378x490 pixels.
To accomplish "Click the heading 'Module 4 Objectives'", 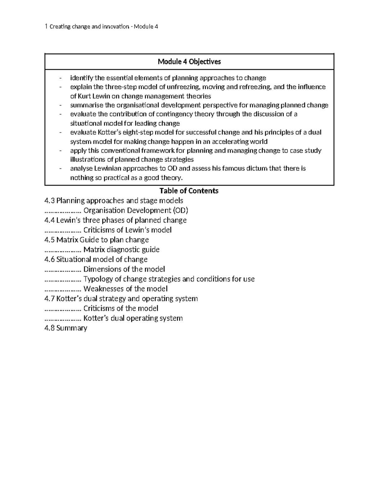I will point(189,62).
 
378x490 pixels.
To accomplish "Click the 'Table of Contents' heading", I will point(189,191).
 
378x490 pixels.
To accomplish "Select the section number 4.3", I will point(50,201).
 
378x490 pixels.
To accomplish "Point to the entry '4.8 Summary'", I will point(66,328).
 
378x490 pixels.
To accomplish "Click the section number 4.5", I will point(50,240).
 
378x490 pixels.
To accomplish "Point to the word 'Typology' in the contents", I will point(96,279).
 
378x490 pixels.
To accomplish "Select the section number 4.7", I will point(50,298).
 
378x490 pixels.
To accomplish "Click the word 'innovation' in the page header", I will point(114,27).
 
